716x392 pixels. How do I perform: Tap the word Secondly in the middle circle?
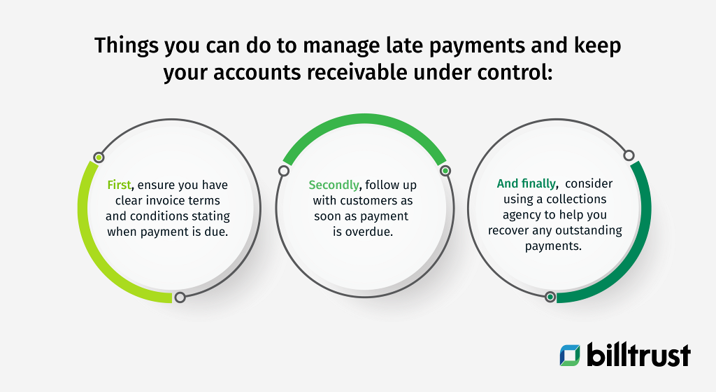click(334, 185)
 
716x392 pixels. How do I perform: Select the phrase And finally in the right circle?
click(527, 183)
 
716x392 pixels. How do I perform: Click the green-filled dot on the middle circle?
click(444, 170)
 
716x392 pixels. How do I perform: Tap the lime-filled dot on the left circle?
click(99, 157)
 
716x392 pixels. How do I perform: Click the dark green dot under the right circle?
click(550, 297)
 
